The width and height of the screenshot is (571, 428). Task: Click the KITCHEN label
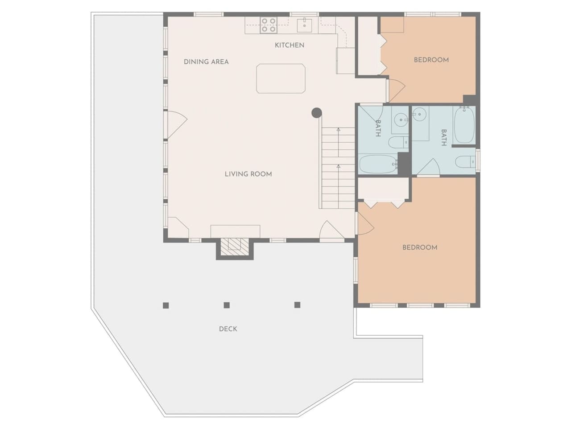click(x=289, y=45)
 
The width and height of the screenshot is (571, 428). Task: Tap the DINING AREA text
click(x=206, y=62)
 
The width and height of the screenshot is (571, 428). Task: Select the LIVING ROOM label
click(x=248, y=174)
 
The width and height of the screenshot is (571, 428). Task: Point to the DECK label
click(x=228, y=329)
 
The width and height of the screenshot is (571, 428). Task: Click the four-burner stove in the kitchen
click(x=269, y=25)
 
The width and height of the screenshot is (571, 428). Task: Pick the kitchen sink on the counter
click(x=304, y=25)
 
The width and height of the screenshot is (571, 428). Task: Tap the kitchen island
click(x=281, y=78)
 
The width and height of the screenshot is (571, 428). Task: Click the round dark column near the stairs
click(x=317, y=113)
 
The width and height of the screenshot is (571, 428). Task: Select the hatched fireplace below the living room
click(x=234, y=247)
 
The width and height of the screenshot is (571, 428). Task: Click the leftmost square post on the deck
click(x=166, y=305)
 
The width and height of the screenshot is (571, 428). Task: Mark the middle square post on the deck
click(x=227, y=305)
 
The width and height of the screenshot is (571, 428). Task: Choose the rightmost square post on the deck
click(x=297, y=305)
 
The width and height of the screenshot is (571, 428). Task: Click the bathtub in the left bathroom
click(x=378, y=164)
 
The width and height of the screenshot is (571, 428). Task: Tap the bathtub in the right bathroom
click(x=464, y=125)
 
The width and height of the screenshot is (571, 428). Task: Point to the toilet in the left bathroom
click(x=398, y=142)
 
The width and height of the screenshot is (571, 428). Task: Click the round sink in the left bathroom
click(x=401, y=120)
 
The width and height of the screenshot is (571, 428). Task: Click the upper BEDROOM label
click(x=431, y=60)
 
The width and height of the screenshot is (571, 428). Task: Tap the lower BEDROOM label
click(x=420, y=247)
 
